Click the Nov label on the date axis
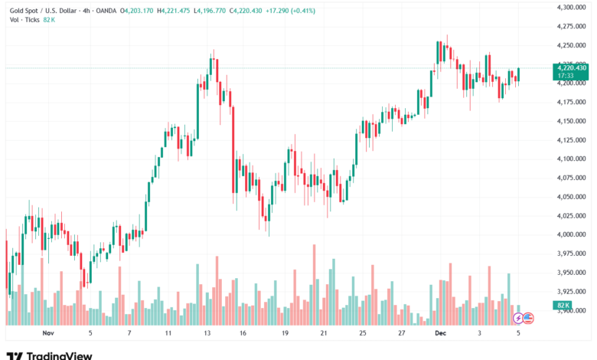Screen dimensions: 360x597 point(49,333)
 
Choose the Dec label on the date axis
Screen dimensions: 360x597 point(440,333)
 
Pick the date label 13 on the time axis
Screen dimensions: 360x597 point(208,333)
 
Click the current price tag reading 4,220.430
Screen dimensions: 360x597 point(572,67)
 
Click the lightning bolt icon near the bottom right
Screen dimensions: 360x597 point(518,317)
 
